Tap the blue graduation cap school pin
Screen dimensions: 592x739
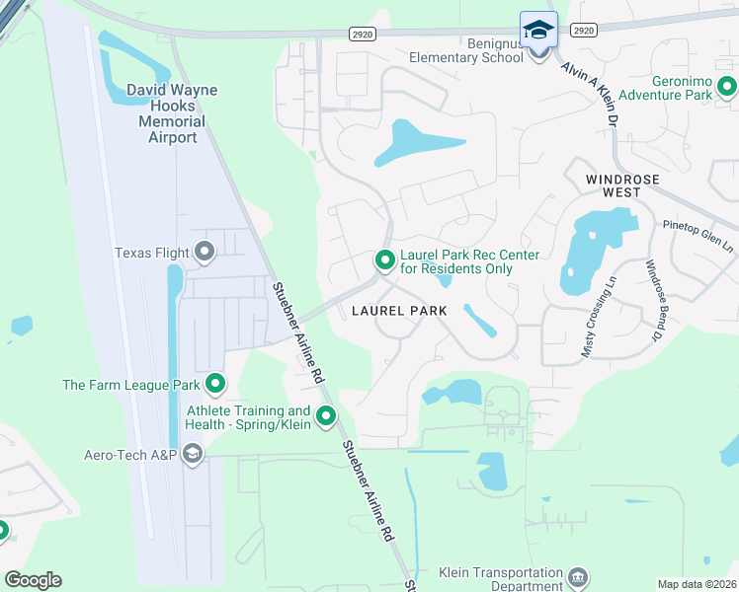[x=538, y=32]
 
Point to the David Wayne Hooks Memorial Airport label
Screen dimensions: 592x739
[x=171, y=113]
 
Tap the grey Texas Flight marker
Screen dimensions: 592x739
[x=205, y=253]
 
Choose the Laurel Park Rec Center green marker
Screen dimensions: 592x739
[x=384, y=260]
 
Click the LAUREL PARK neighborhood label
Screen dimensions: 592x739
[x=399, y=311]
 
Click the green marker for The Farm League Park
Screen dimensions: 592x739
[x=215, y=385]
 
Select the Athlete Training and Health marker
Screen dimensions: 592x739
[x=325, y=417]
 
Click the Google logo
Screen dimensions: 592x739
[x=33, y=580]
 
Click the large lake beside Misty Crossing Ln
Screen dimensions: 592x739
[x=582, y=252]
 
